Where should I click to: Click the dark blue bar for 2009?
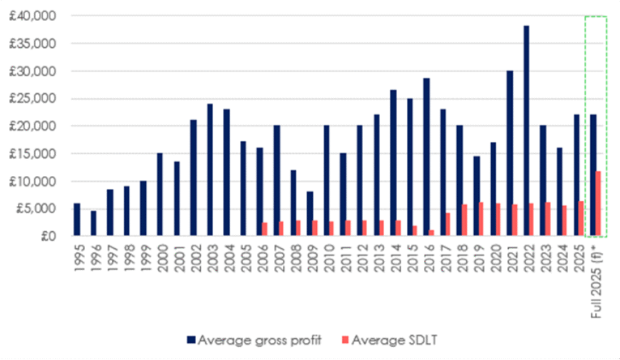pos(310,214)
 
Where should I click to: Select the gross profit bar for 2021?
pos(510,153)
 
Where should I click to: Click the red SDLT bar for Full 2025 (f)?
pos(598,204)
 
